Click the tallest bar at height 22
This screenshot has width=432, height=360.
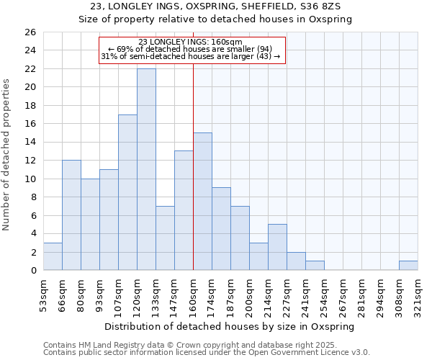pyautogui.click(x=146, y=169)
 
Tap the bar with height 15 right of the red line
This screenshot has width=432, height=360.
pyautogui.click(x=202, y=202)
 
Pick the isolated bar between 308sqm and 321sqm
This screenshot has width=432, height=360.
pyautogui.click(x=408, y=265)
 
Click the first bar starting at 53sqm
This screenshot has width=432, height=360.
pyautogui.click(x=53, y=256)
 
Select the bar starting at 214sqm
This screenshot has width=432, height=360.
pyautogui.click(x=277, y=247)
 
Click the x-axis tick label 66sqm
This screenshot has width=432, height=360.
pyautogui.click(x=62, y=292)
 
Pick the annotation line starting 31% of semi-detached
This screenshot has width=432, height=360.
pyautogui.click(x=192, y=56)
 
